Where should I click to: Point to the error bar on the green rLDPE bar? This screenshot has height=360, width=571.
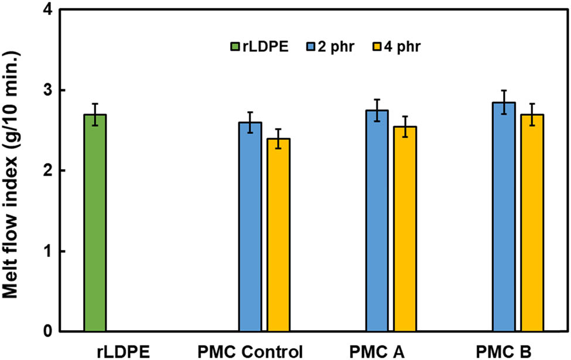[x=95, y=114]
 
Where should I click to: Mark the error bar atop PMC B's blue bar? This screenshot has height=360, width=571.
[x=504, y=102]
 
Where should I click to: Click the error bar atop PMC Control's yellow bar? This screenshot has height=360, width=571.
[x=278, y=139]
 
